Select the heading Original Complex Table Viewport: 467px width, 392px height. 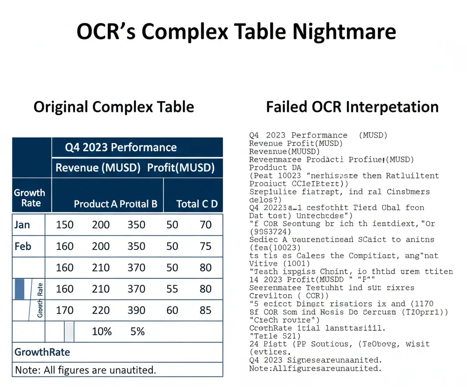tap(114, 107)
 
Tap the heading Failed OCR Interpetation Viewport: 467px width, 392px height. tap(352, 107)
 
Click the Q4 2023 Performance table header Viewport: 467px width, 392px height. tap(120, 148)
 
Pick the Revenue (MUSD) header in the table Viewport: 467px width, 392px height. tap(98, 168)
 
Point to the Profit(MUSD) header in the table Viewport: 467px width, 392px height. tap(181, 168)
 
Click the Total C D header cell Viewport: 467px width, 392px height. tap(197, 204)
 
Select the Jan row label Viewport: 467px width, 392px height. tap(23, 225)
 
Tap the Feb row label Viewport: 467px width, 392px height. tap(23, 246)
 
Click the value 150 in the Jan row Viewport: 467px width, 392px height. tap(64, 225)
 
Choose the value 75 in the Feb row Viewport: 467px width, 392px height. tap(206, 246)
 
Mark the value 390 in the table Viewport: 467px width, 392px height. tap(136, 311)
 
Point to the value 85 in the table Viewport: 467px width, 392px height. tap(206, 311)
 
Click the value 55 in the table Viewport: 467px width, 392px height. tap(172, 289)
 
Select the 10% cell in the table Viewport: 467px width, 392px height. tap(102, 332)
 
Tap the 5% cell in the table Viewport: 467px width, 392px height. tap(137, 332)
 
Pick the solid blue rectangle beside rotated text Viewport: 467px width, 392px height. tap(20, 289)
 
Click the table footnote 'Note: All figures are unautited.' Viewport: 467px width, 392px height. tap(85, 370)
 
